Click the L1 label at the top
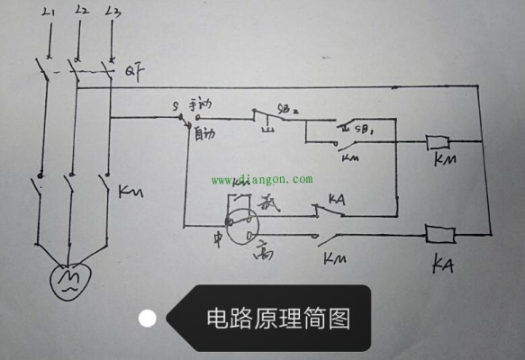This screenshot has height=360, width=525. click(x=46, y=11)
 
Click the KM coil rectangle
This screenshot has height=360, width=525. click(x=439, y=142)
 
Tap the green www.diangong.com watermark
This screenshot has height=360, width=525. click(x=262, y=178)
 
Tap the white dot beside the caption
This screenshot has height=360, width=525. click(x=148, y=318)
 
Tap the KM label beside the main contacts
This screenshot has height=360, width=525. click(x=136, y=191)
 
